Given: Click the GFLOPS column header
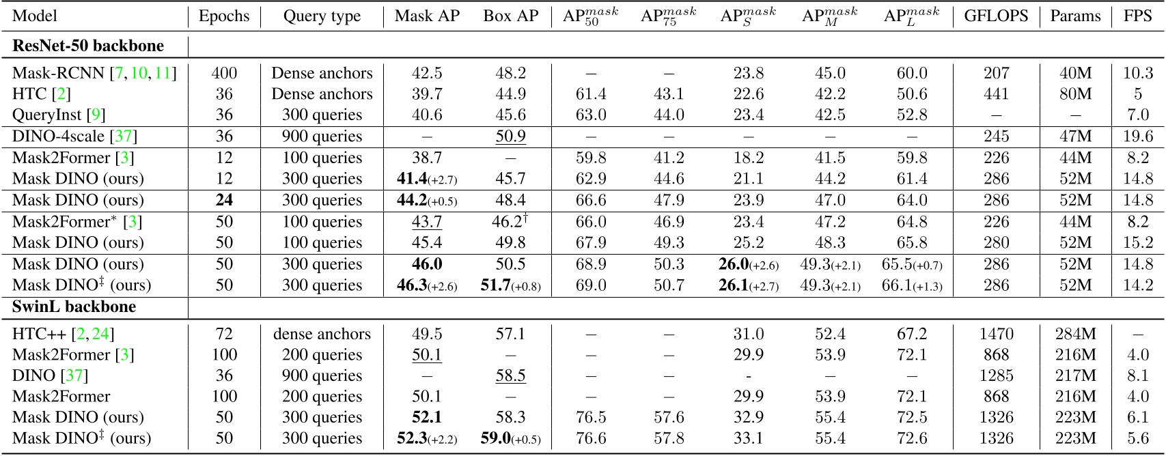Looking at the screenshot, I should [x=996, y=16].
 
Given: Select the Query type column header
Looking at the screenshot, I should [x=322, y=16].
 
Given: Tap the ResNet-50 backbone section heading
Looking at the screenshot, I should [x=88, y=46].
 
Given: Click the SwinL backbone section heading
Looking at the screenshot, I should [x=74, y=307].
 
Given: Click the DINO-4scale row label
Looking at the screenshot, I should [x=74, y=136].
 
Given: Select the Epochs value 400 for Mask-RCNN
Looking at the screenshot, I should [x=224, y=73].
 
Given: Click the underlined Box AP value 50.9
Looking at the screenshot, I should [x=510, y=136].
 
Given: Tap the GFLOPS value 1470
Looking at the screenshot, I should [x=996, y=334].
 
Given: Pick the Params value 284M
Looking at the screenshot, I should [x=1075, y=334].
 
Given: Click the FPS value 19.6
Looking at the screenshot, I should [x=1138, y=136].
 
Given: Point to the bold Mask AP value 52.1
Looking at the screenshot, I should [x=427, y=417].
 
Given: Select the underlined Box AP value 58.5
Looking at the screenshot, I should [x=510, y=375].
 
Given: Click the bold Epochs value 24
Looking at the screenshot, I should [x=224, y=200].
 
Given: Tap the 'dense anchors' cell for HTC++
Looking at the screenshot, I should [x=322, y=334].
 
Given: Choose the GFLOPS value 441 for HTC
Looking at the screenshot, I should [x=996, y=94].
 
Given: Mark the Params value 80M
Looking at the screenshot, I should [x=1075, y=94].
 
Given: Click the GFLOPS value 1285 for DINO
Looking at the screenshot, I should [x=996, y=375].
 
